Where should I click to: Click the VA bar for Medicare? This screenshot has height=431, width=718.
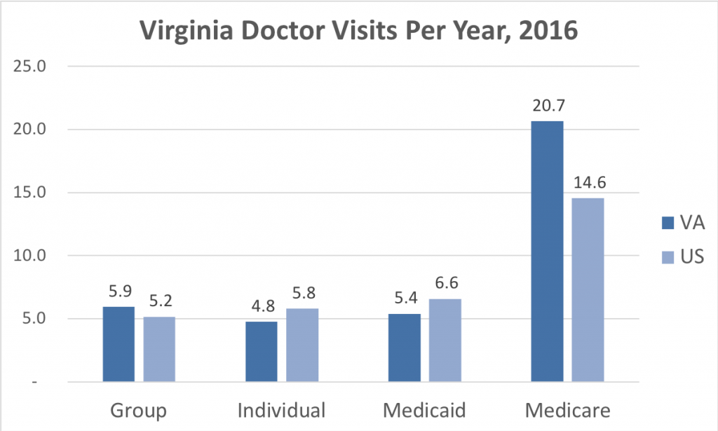click(547, 252)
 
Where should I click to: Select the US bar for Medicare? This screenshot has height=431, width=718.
click(588, 290)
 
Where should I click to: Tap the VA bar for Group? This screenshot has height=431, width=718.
click(118, 344)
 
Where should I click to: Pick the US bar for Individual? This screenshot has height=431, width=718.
click(302, 346)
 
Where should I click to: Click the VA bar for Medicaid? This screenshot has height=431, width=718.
click(404, 348)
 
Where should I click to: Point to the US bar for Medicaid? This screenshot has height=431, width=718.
click(445, 341)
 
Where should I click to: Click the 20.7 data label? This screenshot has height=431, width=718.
click(547, 107)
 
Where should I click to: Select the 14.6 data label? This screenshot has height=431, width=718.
click(588, 184)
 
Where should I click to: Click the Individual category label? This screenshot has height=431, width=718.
click(282, 409)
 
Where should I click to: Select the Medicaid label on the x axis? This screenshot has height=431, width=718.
click(424, 409)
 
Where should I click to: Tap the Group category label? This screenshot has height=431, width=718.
click(139, 409)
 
